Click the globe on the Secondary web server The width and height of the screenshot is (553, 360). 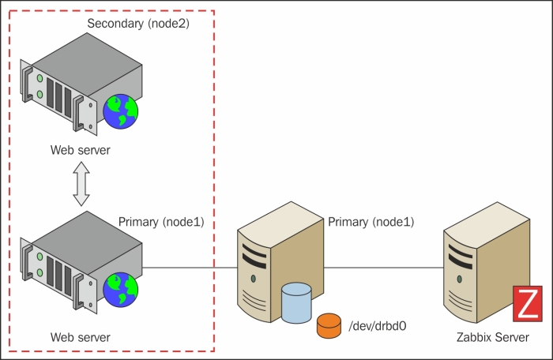coord(121,110)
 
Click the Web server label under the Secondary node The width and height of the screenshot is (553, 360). coord(80,150)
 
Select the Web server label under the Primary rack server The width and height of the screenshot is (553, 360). coord(80,337)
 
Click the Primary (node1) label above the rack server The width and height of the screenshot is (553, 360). coord(161,223)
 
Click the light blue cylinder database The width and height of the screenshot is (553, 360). coord(297,304)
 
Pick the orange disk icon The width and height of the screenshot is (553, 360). coord(328,324)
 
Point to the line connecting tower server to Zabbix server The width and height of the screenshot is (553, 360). coord(383,267)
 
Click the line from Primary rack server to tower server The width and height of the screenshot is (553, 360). coord(190,267)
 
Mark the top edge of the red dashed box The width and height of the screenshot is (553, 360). coord(111,11)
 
